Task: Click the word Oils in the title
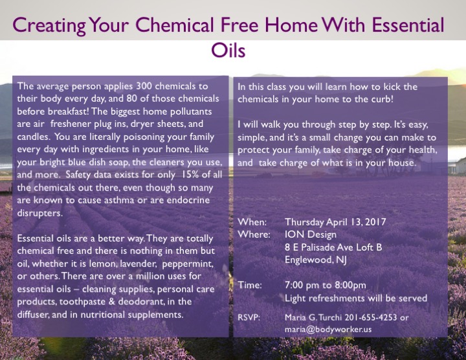[228, 51]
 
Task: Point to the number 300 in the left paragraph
[144, 86]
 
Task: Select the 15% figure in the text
[189, 175]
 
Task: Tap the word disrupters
[39, 213]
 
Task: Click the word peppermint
[188, 264]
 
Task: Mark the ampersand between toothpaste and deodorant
[112, 302]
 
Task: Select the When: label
[252, 222]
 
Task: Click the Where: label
[254, 234]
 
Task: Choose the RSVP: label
[249, 317]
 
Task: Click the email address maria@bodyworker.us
[328, 330]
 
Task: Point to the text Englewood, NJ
[316, 260]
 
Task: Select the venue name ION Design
[311, 234]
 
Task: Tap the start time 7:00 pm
[301, 286]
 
